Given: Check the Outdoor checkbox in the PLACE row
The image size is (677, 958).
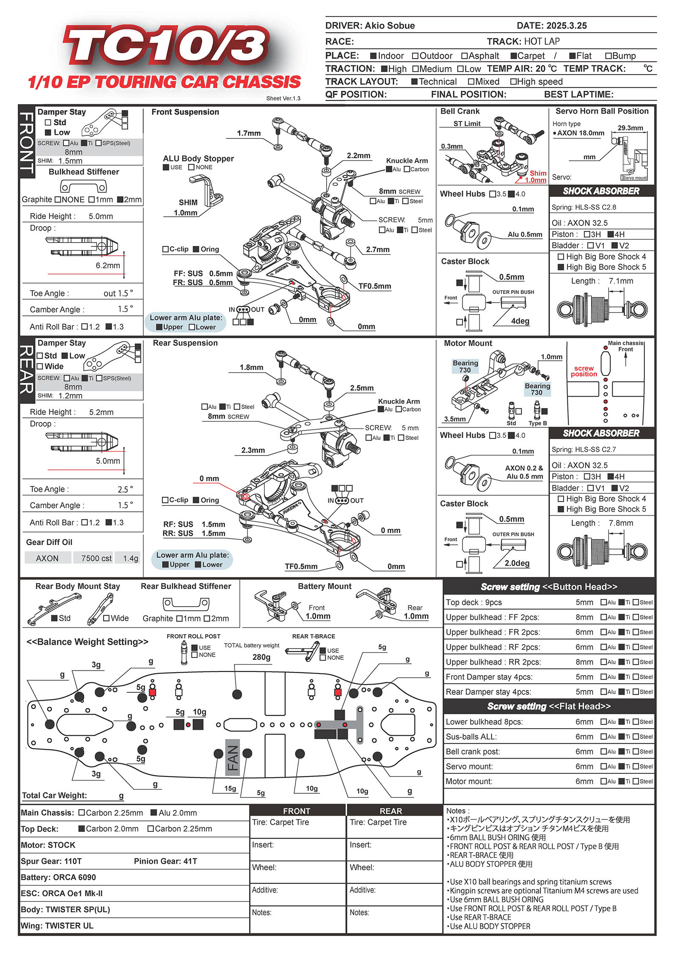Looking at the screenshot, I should tap(415, 56).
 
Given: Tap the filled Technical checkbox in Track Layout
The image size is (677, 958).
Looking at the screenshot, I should tap(415, 82).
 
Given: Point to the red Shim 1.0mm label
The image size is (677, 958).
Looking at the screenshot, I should tap(537, 177).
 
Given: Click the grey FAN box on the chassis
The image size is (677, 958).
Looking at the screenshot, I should tap(233, 758).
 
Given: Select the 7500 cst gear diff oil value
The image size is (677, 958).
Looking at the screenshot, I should tap(96, 558).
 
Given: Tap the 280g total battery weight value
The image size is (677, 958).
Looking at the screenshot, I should tap(261, 657).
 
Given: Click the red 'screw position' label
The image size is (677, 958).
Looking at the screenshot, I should tap(583, 371).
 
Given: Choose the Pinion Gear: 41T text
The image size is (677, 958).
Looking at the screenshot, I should tap(165, 861).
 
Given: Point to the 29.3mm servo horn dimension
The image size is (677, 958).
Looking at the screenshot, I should tap(630, 128).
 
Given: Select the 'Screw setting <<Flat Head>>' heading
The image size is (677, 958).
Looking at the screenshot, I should tap(549, 706).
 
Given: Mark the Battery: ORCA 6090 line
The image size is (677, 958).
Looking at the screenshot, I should tap(58, 877).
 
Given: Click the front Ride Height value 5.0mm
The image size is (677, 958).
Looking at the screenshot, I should tap(101, 216).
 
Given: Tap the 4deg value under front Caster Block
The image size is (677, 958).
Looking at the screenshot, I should tap(520, 321).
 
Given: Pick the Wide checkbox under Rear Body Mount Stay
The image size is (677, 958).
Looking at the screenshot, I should tap(107, 618).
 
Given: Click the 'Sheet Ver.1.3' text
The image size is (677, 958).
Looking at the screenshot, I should tap(283, 98).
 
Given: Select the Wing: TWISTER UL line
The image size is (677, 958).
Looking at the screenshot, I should tap(57, 925).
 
